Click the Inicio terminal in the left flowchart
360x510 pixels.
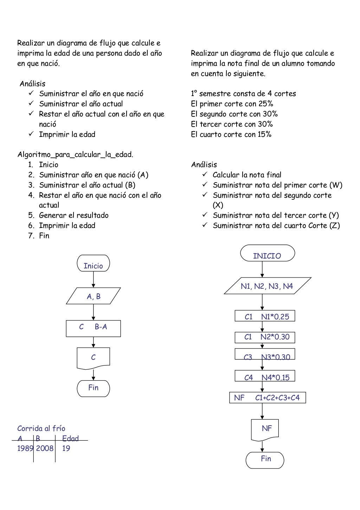coord(93,263)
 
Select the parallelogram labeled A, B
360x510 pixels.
coord(94,296)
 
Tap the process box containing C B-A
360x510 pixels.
coord(93,328)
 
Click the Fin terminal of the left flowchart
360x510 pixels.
coord(93,388)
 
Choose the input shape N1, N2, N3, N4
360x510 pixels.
coord(267,286)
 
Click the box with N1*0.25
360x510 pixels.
coord(265,316)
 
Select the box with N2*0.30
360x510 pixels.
coord(265,337)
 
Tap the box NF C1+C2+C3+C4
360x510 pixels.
coord(267,398)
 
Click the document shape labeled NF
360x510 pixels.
coord(265,429)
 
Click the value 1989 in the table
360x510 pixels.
coord(25,448)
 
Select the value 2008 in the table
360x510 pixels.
coord(45,448)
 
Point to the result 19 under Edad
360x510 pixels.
coord(66,448)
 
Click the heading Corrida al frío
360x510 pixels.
coord(41,428)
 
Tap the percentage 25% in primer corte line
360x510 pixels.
coord(266,104)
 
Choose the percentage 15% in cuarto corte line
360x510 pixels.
coord(264,134)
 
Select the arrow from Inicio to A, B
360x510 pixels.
coord(94,279)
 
